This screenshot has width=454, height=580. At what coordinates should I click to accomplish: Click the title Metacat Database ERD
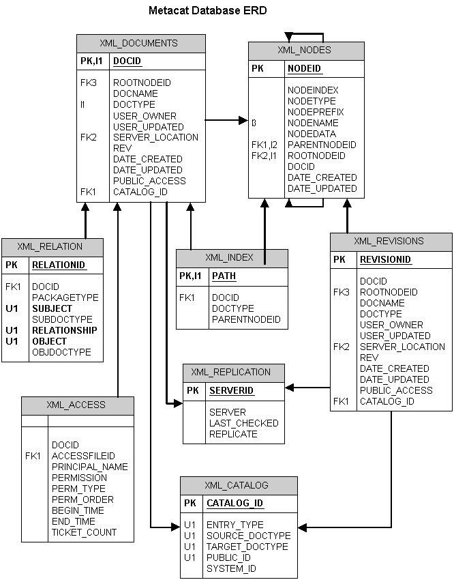click(x=207, y=11)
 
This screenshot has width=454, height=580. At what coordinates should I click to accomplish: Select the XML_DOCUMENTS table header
click(x=140, y=43)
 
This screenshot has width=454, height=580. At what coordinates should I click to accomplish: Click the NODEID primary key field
click(x=304, y=69)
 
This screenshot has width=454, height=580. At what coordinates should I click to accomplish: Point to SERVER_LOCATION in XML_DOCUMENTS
click(x=155, y=137)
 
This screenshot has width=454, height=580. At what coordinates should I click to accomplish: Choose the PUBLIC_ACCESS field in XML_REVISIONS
click(x=396, y=390)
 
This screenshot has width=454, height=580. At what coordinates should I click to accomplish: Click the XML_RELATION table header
click(x=50, y=247)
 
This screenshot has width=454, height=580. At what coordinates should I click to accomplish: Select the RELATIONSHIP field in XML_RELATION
click(x=64, y=330)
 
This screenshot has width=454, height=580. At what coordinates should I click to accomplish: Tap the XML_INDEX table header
click(x=229, y=258)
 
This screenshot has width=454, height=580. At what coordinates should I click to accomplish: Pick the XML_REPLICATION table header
click(x=230, y=373)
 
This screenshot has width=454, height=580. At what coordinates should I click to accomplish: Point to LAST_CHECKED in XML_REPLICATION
click(x=243, y=423)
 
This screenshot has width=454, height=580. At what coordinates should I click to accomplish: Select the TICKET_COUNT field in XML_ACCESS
click(x=84, y=532)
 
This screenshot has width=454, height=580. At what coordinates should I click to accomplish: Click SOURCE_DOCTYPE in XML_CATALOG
click(x=248, y=536)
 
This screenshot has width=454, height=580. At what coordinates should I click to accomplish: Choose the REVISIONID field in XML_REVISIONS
click(x=385, y=260)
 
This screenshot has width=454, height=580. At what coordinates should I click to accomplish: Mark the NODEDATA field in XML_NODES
click(x=312, y=134)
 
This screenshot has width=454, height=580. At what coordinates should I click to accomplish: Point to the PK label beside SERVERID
click(x=193, y=391)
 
